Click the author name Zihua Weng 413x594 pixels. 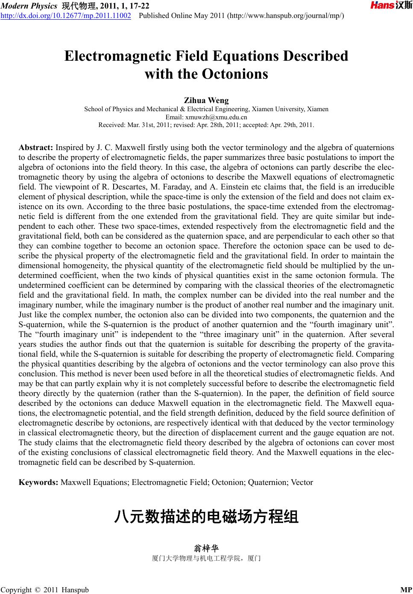click(206, 100)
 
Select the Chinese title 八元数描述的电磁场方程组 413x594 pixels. click(206, 517)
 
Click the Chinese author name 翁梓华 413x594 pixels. click(206, 548)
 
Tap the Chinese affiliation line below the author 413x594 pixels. click(206, 558)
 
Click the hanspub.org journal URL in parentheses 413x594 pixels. click(287, 16)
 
